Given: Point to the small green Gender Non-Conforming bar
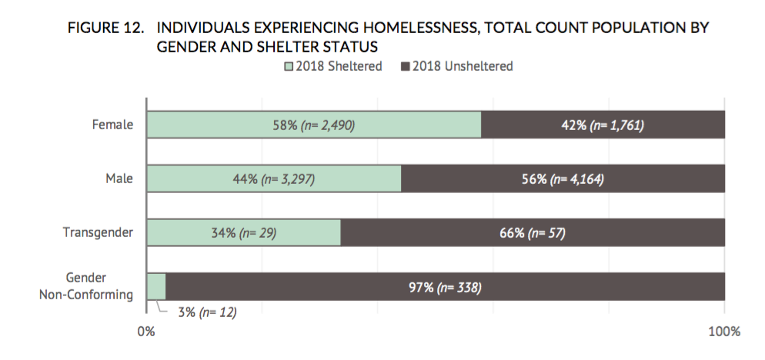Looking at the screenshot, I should click(156, 286).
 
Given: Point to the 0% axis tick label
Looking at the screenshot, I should click(145, 332).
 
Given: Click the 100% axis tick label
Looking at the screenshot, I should click(723, 332).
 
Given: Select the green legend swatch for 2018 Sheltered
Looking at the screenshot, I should click(290, 67).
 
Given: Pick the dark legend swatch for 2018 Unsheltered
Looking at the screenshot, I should click(405, 67).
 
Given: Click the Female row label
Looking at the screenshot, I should click(112, 125).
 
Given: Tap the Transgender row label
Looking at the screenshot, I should click(98, 232).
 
